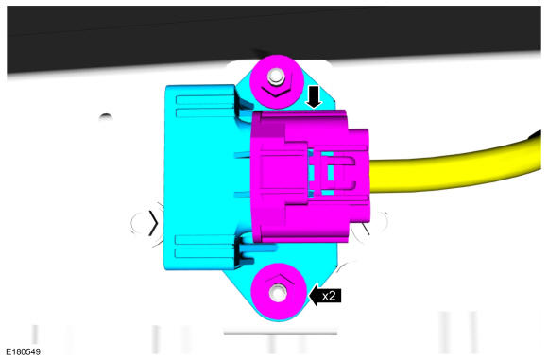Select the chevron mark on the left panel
tap(150, 223)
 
